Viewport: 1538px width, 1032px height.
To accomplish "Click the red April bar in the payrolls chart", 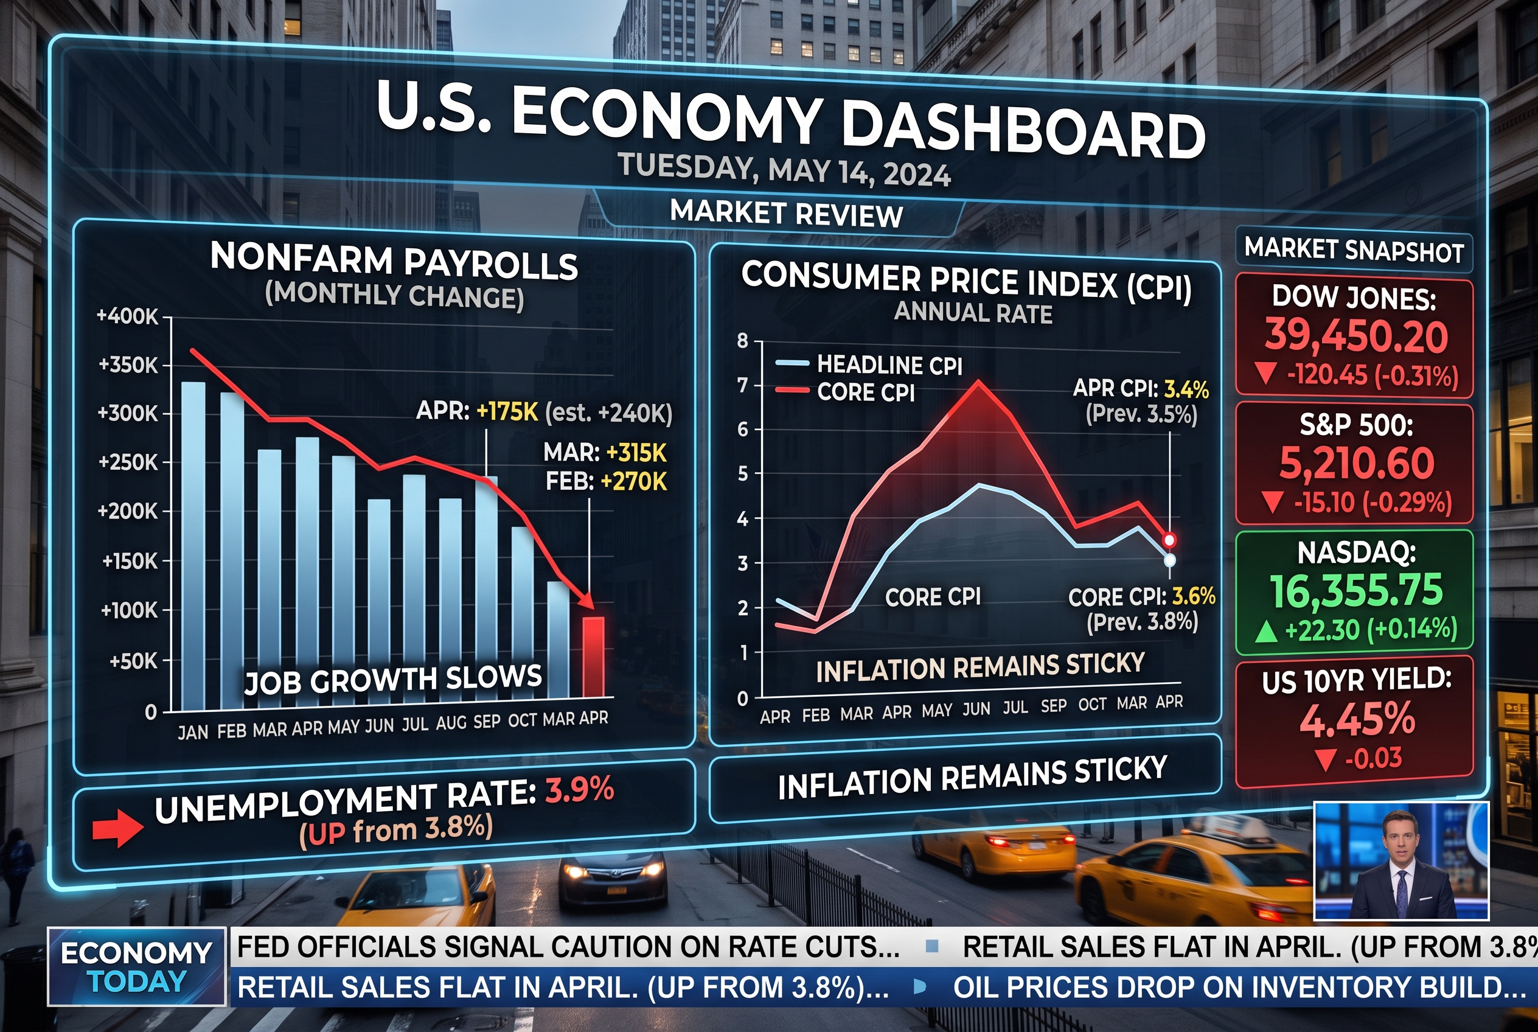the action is [x=593, y=657].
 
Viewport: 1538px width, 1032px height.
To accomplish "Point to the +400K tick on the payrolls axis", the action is [x=128, y=316].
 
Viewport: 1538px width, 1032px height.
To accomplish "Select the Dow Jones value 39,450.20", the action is [x=1356, y=336].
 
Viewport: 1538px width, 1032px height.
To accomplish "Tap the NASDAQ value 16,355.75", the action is [x=1355, y=590].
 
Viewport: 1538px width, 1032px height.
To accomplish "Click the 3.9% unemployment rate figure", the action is [x=580, y=789].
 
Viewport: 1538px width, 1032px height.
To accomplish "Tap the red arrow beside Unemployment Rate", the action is [x=118, y=829].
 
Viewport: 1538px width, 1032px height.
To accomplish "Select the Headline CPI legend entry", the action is [x=869, y=364].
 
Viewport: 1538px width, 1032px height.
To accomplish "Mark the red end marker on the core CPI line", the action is [x=1169, y=540].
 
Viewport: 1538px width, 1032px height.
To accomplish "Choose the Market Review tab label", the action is [x=787, y=214].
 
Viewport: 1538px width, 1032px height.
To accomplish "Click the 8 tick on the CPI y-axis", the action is [x=743, y=341].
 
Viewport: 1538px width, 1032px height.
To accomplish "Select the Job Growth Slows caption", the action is [x=393, y=680].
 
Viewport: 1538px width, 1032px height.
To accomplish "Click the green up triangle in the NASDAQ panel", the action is [x=1266, y=632].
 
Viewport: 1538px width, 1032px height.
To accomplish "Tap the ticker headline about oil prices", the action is [x=1240, y=987].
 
